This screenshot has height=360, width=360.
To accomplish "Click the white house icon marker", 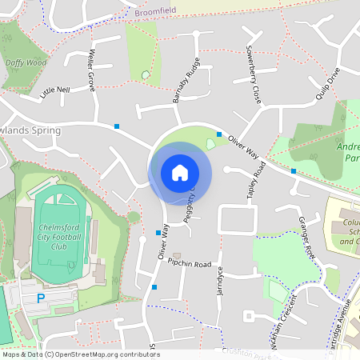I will pos(180,173).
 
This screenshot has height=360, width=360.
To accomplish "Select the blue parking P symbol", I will pos(41,298).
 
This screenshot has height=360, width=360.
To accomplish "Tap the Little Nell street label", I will pos(55,90).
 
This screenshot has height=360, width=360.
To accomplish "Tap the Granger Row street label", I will pos(307,236).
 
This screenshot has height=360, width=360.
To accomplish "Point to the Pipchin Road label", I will pos(189,263).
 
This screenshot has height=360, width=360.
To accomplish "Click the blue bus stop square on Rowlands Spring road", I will pos(117,126).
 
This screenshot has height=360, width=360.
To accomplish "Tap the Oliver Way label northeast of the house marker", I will pos(243,147).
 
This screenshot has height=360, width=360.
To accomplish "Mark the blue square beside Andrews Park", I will pos(294,171).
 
